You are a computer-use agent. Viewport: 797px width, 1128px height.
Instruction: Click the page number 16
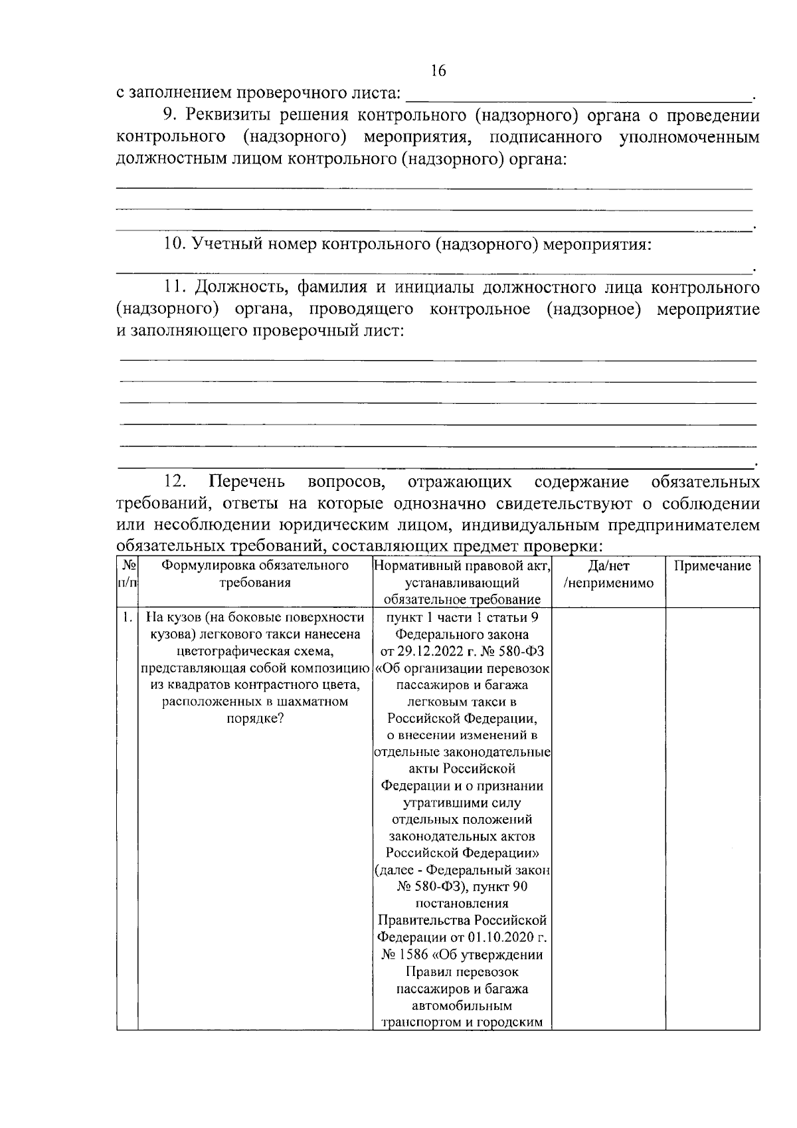coord(438,71)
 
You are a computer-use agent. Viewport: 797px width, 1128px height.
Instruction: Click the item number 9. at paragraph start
coord(171,115)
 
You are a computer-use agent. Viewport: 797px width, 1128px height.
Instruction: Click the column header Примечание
coord(713,566)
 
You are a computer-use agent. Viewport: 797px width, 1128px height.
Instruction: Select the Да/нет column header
coord(608,566)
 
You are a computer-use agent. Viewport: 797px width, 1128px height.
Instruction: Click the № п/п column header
coord(127,575)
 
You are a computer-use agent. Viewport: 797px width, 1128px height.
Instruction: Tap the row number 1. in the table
coord(127,617)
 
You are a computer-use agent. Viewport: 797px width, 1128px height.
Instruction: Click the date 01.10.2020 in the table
coord(502,937)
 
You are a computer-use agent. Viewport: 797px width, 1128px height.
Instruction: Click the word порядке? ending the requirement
coord(255,719)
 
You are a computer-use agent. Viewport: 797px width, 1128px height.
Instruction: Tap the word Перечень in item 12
coord(246,481)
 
